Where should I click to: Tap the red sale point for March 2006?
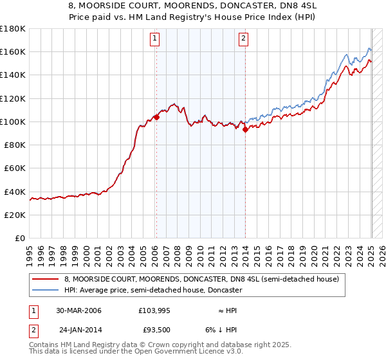coord(156,118)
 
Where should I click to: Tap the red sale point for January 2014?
coord(245,129)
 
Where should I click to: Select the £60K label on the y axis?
coord(15,168)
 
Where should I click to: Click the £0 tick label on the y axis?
coord(19,238)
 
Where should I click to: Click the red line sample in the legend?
coord(46,280)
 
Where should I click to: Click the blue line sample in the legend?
coord(46,290)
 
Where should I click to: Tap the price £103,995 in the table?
coord(153,310)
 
